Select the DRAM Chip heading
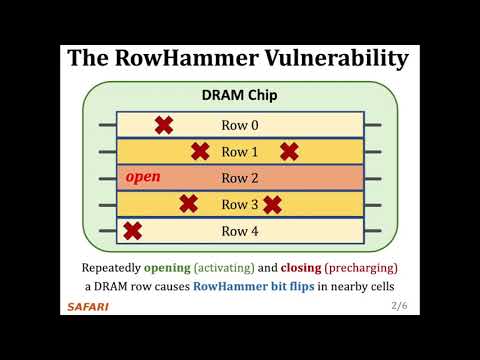pyautogui.click(x=240, y=97)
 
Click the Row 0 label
pyautogui.click(x=240, y=125)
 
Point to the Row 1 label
pyautogui.click(x=240, y=152)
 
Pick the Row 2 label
pyautogui.click(x=240, y=178)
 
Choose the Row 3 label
pyautogui.click(x=240, y=205)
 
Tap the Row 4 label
pyautogui.click(x=240, y=231)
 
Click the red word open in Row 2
pyautogui.click(x=143, y=178)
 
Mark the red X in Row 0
pyautogui.click(x=163, y=125)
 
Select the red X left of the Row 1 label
pyautogui.click(x=200, y=152)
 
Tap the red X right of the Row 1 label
pyautogui.click(x=289, y=152)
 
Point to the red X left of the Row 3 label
pyautogui.click(x=188, y=205)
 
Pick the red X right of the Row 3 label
pyautogui.click(x=272, y=205)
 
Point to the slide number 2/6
pyautogui.click(x=400, y=305)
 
